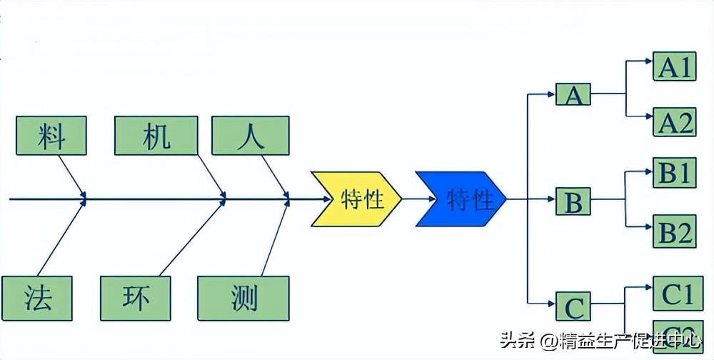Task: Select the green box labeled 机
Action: [156, 135]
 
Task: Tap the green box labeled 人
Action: [251, 135]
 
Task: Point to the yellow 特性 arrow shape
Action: [356, 199]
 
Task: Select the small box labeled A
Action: [573, 94]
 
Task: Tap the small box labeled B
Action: [573, 202]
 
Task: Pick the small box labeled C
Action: [573, 308]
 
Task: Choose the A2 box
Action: [675, 121]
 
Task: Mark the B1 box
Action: [675, 172]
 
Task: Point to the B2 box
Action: [675, 231]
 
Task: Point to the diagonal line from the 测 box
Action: [276, 239]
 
